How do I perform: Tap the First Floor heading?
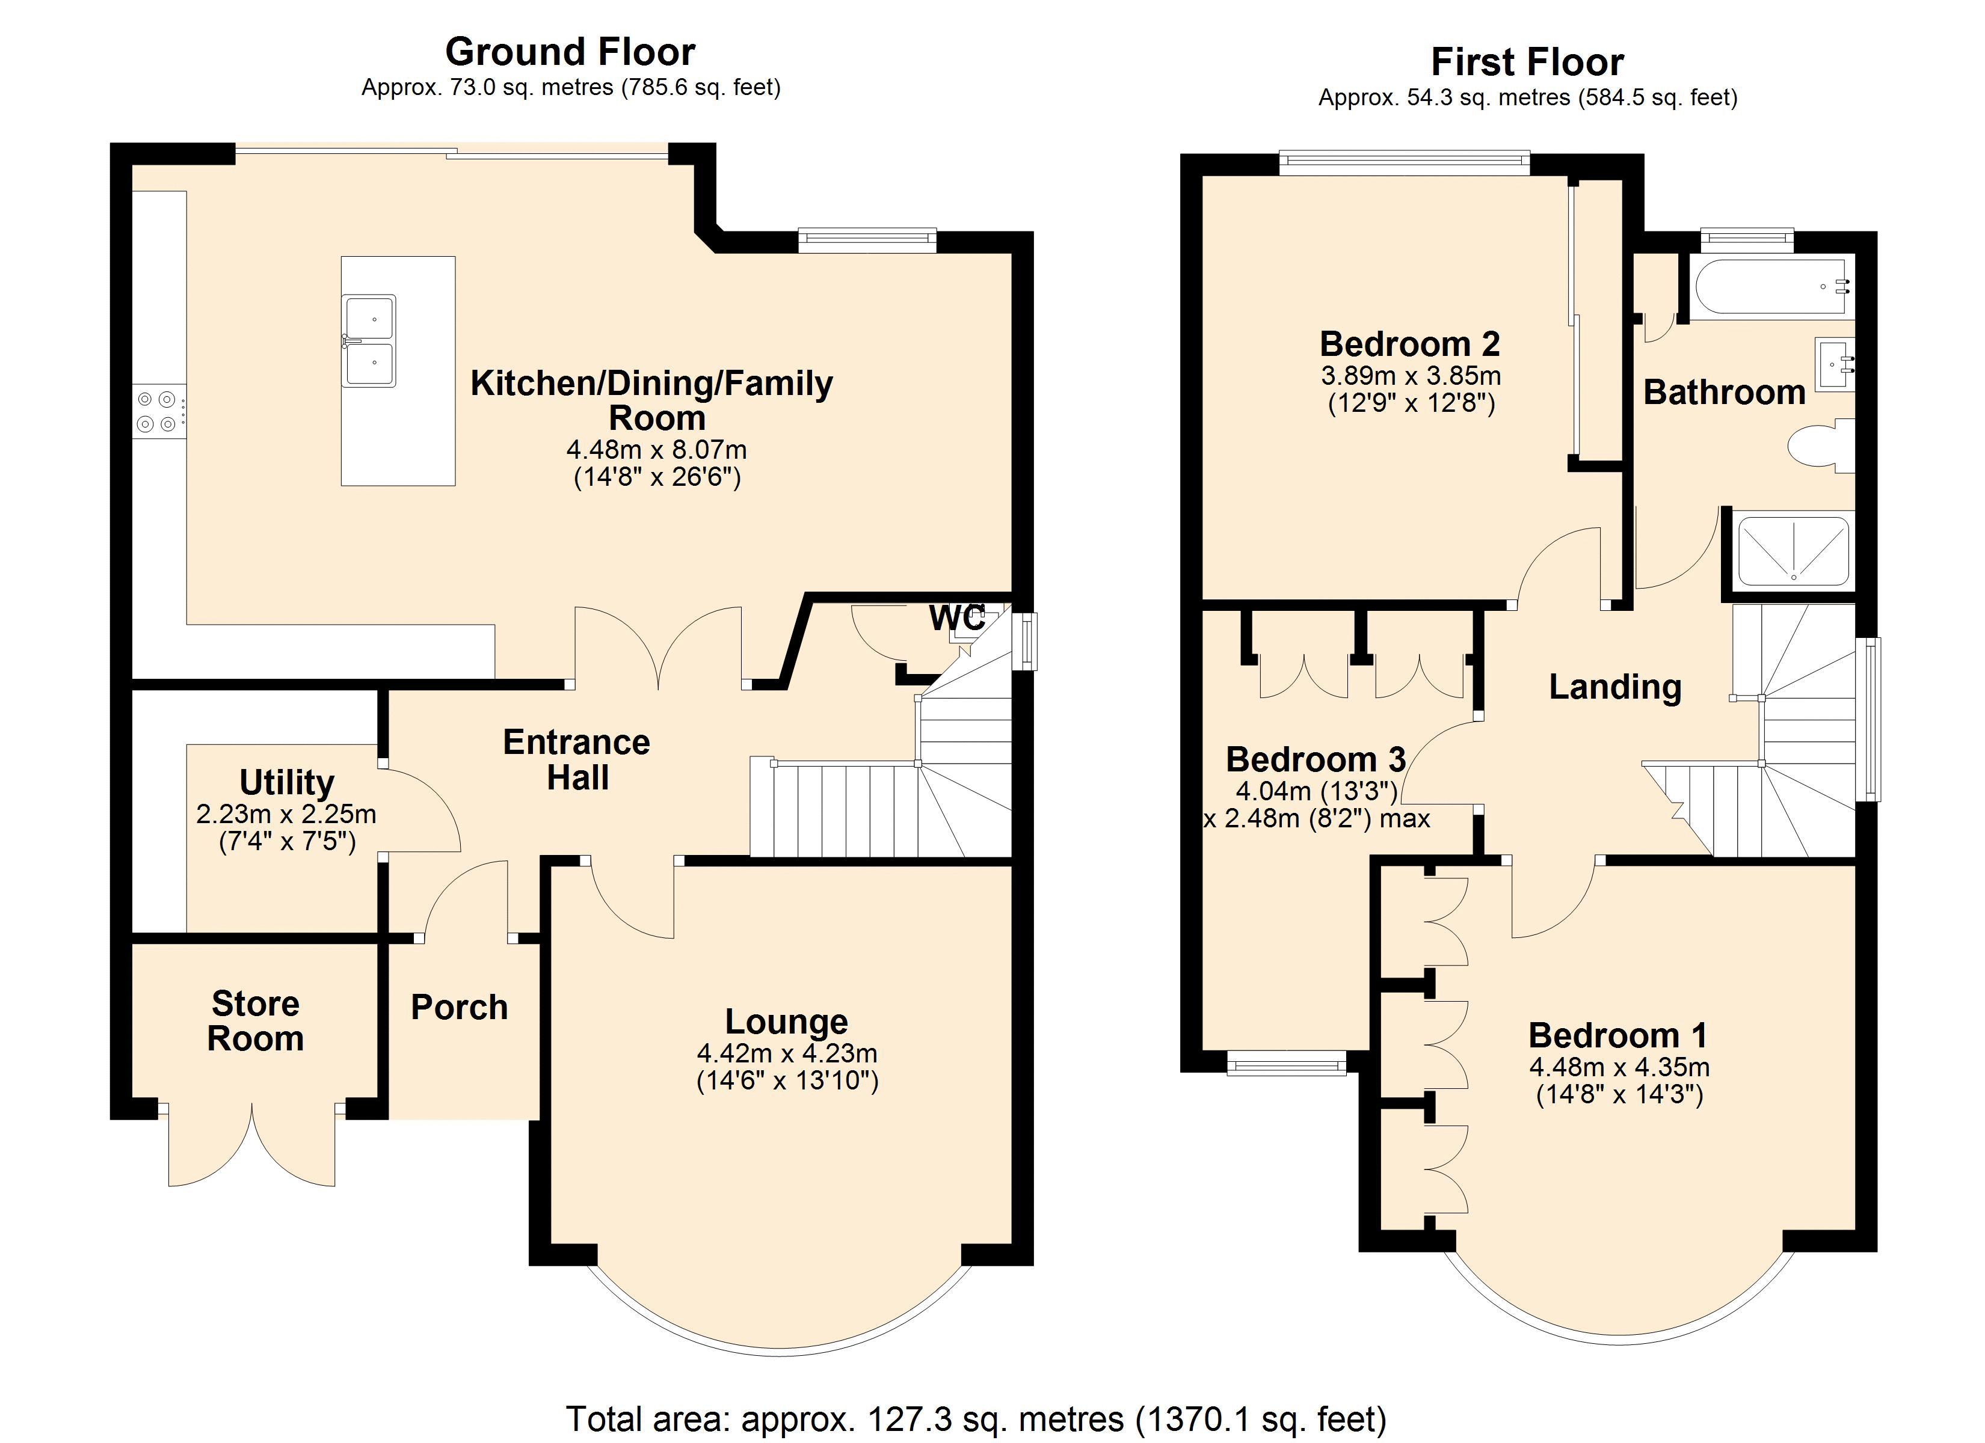(x=1527, y=62)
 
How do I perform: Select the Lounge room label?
(x=787, y=1021)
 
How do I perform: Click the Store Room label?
(x=256, y=1020)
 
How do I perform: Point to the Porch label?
(x=460, y=1007)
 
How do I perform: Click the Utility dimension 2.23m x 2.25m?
(x=286, y=814)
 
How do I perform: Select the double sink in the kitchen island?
(x=369, y=340)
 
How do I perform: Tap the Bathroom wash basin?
(x=1835, y=364)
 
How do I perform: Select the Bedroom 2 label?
(x=1410, y=344)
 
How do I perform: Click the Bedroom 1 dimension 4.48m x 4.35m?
(x=1620, y=1067)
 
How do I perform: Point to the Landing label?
(x=1616, y=687)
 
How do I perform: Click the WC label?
(x=956, y=618)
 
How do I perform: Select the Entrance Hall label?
(x=577, y=759)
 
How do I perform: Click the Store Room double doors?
(x=252, y=1147)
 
